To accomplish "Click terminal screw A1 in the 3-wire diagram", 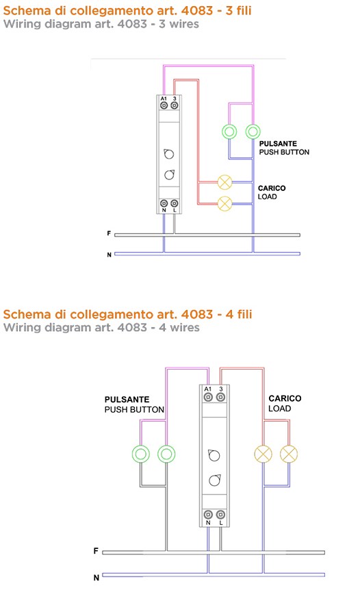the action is [164, 105].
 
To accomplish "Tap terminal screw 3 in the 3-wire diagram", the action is [174, 105].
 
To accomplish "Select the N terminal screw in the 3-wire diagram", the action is [164, 203].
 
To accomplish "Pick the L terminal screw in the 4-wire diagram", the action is [221, 514].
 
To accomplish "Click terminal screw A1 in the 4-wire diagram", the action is [208, 397].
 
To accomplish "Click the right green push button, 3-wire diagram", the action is [253, 131].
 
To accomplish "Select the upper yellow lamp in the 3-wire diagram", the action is [224, 182].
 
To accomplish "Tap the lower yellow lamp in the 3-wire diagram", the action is [224, 203].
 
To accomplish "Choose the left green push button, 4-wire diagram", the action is [141, 454].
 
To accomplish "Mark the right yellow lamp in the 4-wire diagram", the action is [289, 454].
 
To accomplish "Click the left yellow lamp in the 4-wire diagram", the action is [263, 454].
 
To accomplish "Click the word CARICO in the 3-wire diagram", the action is [272, 188].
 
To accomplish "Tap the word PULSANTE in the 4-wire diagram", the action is [127, 400].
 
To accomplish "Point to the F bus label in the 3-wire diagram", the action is [109, 233].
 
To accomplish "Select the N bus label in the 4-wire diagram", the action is [97, 578].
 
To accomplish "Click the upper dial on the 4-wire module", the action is [214, 455].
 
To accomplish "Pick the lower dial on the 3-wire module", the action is [169, 174].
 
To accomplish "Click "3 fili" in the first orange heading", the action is [239, 10].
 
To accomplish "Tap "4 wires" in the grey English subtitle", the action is [179, 327].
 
